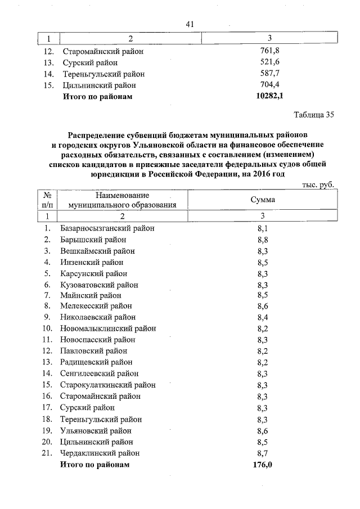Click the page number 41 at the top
point(189,24)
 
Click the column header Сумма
point(262,200)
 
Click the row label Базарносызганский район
point(107,228)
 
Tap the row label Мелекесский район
point(96,307)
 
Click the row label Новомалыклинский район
point(108,329)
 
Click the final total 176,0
point(262,465)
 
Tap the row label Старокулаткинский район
point(108,385)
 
